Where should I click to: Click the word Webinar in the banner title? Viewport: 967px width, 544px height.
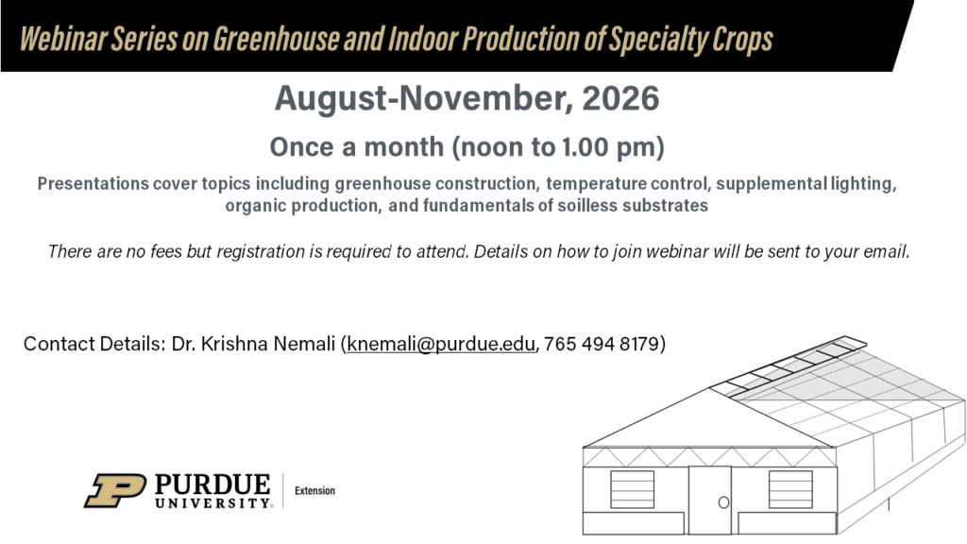tap(62, 40)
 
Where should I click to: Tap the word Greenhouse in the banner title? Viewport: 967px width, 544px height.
tap(276, 40)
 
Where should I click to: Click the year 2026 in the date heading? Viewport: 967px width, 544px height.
tap(620, 98)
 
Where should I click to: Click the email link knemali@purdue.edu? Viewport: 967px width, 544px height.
tap(440, 344)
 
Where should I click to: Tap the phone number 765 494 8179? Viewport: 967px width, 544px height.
tap(602, 344)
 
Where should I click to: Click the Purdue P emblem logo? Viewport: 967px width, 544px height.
tap(115, 490)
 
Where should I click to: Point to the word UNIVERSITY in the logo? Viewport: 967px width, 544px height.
tap(212, 502)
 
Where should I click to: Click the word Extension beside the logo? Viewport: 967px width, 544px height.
tap(314, 491)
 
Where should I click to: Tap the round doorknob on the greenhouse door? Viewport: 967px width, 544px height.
tap(723, 502)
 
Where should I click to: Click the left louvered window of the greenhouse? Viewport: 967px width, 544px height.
tap(632, 489)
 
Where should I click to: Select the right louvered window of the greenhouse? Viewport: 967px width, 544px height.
tap(790, 489)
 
